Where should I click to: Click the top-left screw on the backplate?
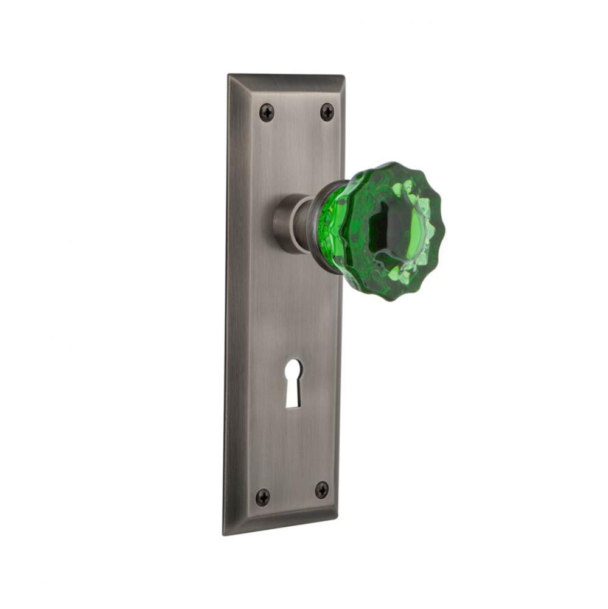[267, 112]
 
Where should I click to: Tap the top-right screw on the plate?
[327, 111]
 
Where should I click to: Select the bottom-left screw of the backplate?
[262, 497]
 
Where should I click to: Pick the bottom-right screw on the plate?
[322, 490]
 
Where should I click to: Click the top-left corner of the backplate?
[229, 76]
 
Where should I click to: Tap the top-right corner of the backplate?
[344, 75]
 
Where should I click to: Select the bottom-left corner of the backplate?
[224, 534]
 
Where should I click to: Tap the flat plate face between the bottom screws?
[292, 493]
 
